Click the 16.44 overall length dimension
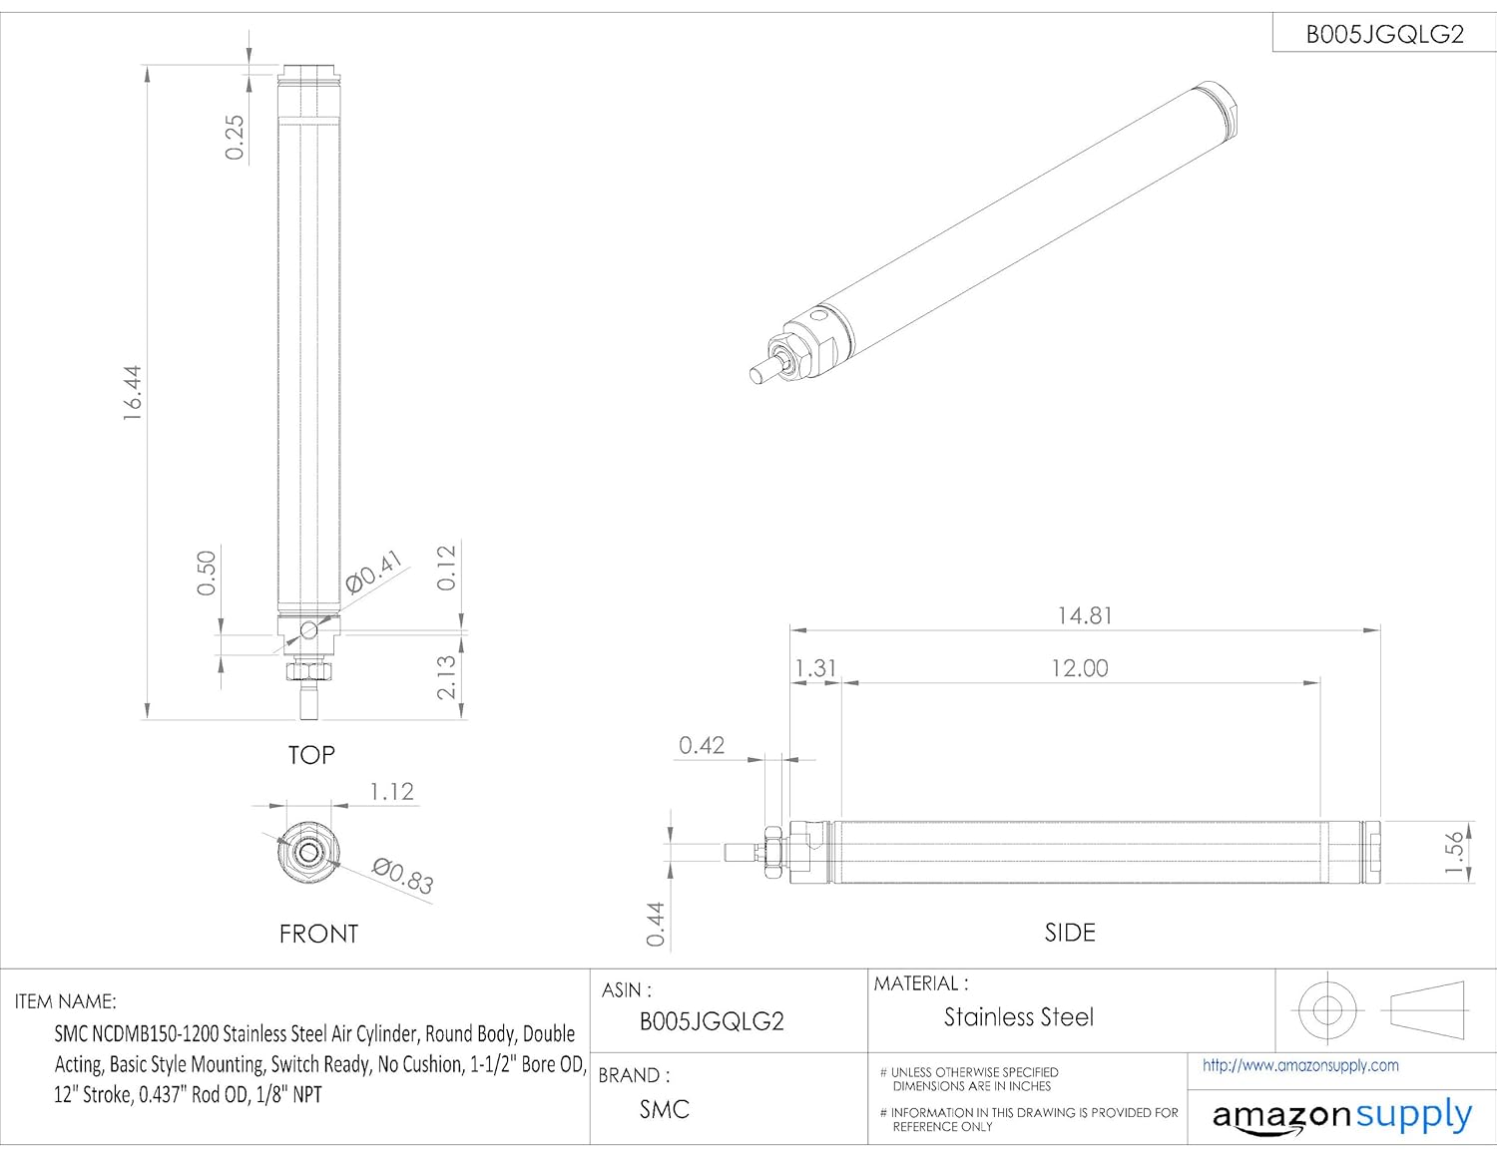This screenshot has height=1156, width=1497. (133, 392)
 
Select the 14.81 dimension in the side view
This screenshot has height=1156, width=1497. (1085, 615)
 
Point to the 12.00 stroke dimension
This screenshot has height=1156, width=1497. (1080, 668)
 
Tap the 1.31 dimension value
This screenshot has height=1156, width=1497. (815, 668)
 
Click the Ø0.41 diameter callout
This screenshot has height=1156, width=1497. (374, 572)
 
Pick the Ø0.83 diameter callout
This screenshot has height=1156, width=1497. (403, 876)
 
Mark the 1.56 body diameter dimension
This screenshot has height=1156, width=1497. (1454, 853)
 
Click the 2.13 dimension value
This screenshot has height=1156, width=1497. (446, 677)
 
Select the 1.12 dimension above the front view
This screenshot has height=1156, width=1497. (391, 792)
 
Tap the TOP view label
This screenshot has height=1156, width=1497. (311, 755)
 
